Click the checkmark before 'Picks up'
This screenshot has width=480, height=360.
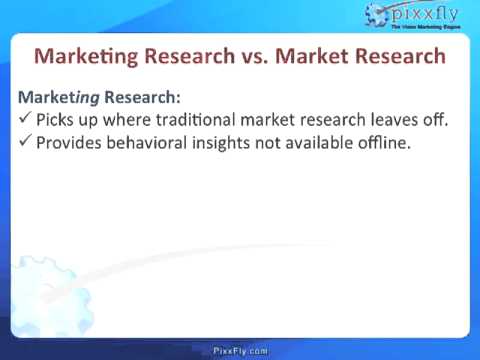[26, 121]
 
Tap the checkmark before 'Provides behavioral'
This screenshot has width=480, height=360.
[26, 142]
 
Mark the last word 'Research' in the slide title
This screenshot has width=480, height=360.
[400, 55]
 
